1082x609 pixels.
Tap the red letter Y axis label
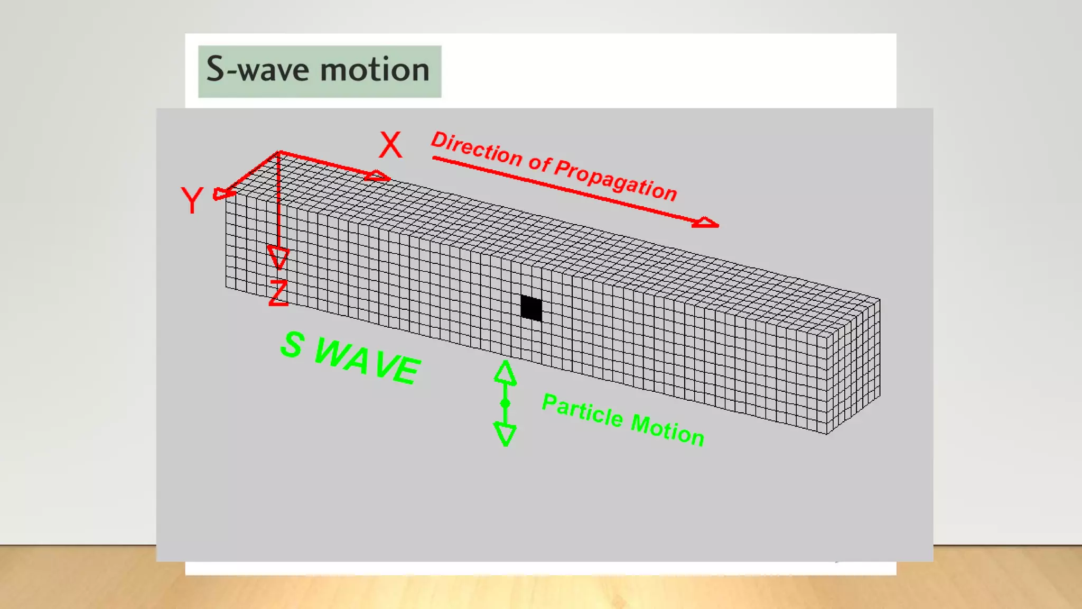[x=191, y=200]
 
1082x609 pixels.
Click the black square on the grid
[x=531, y=308]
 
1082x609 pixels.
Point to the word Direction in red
[x=477, y=149]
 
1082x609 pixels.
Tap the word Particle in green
[x=582, y=410]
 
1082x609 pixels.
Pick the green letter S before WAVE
[x=292, y=344]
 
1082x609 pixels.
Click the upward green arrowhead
[x=505, y=372]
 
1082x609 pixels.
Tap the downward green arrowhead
[x=505, y=433]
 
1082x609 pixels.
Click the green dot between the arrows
[x=505, y=403]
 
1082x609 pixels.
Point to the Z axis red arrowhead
[x=278, y=257]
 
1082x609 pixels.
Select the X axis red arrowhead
[x=378, y=176]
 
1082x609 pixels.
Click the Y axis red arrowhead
[x=222, y=194]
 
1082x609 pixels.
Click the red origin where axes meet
[x=278, y=153]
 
